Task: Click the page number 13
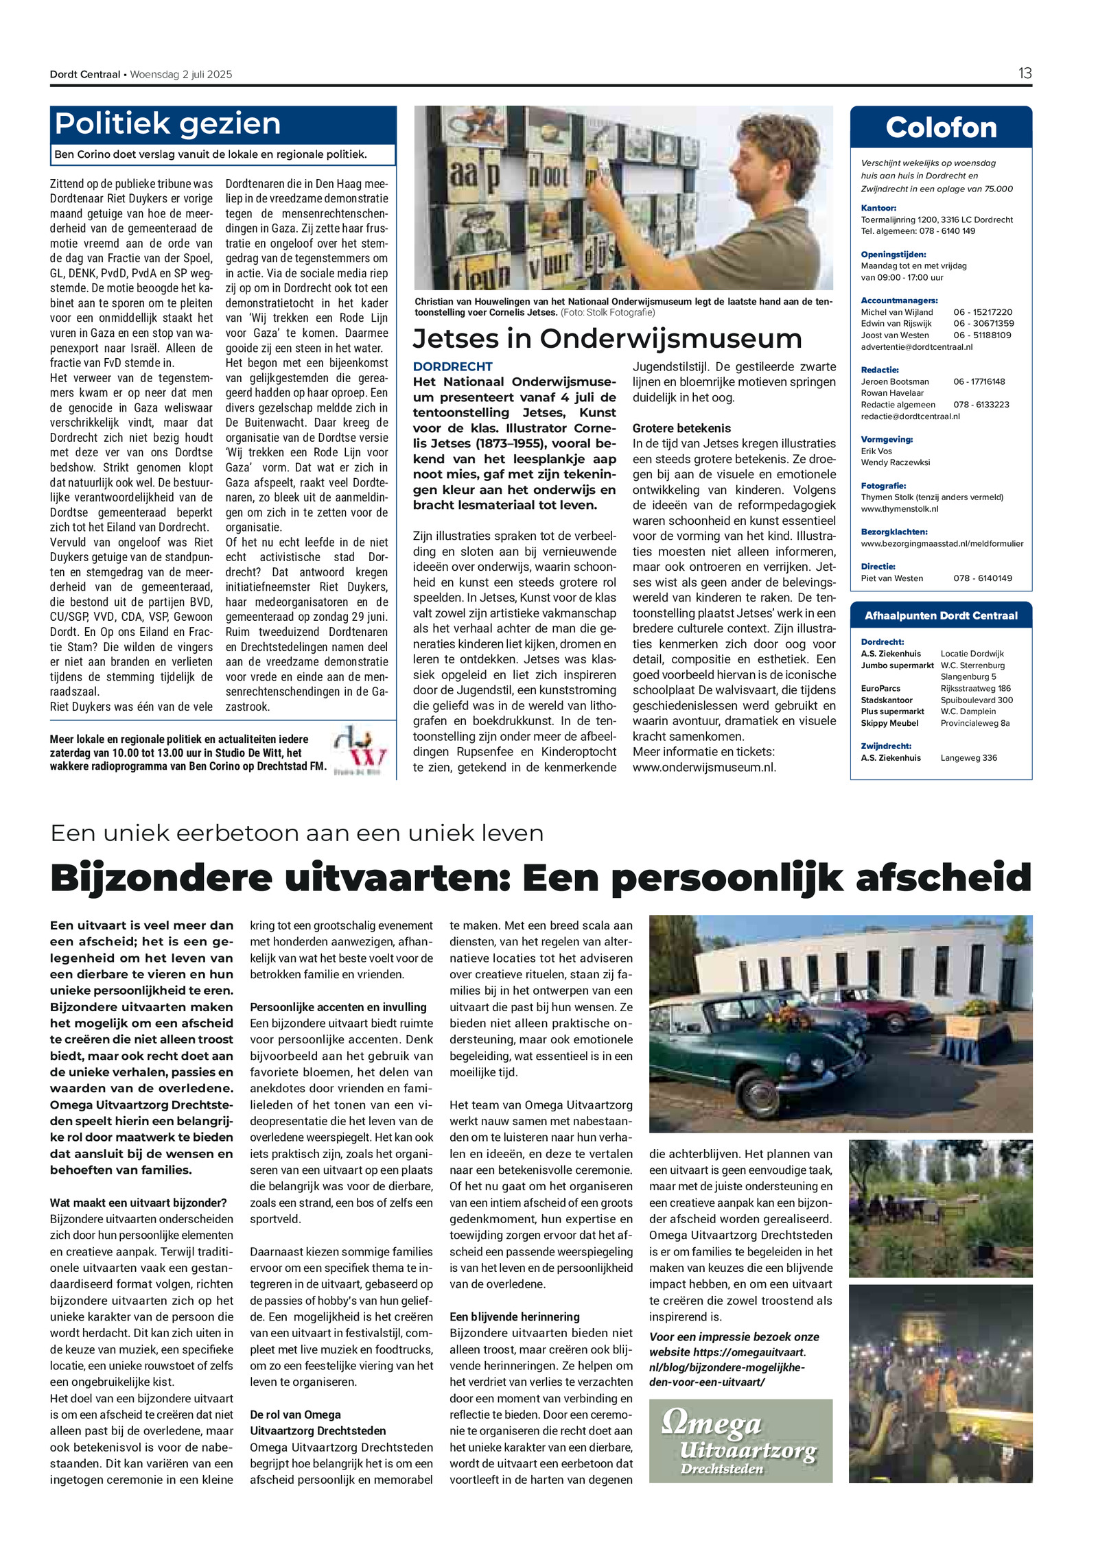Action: [1024, 73]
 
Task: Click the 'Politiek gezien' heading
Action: [167, 124]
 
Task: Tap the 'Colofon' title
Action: [940, 128]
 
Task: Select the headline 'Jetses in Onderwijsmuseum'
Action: [607, 338]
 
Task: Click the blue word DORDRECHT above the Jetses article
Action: [452, 366]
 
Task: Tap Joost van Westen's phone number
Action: [983, 335]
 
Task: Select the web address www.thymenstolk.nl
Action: [899, 509]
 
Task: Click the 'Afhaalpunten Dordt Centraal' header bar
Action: [940, 615]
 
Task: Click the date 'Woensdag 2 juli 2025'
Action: [181, 74]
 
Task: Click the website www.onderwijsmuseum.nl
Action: [703, 767]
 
